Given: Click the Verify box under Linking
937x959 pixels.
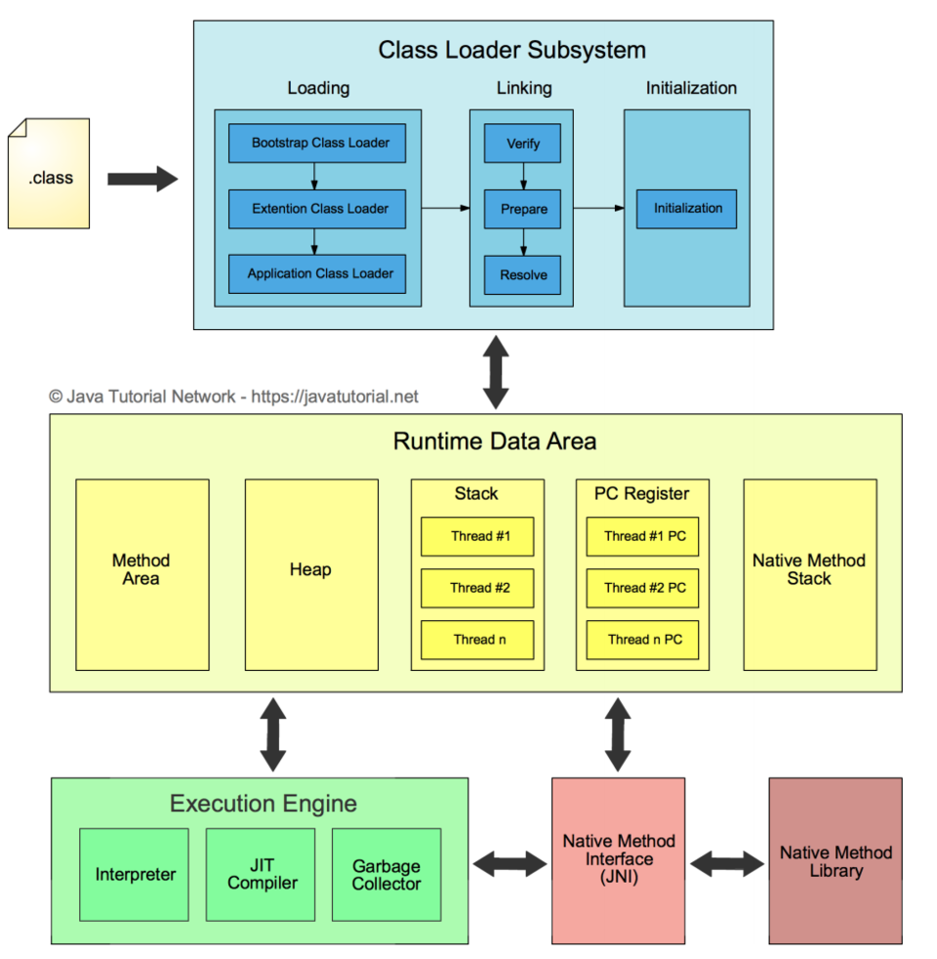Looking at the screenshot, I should click(x=523, y=145).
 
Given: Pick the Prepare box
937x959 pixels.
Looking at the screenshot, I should click(x=523, y=209).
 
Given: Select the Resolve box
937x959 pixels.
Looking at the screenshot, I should click(x=523, y=274).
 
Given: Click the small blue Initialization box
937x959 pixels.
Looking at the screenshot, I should click(x=687, y=209).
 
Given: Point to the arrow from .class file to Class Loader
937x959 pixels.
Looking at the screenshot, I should click(x=143, y=180).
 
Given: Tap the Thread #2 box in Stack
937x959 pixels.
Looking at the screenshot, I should click(x=477, y=588).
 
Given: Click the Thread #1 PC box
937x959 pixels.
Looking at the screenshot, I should click(x=643, y=536).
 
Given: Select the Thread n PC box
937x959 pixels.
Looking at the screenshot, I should click(x=643, y=640).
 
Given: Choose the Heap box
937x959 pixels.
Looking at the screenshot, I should click(x=310, y=570).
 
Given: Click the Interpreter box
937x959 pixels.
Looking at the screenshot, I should click(x=134, y=875).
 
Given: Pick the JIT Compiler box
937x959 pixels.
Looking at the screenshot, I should click(x=261, y=875).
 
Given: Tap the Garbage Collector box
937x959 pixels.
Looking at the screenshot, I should click(x=387, y=875).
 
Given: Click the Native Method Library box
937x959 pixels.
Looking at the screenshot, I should click(x=835, y=861).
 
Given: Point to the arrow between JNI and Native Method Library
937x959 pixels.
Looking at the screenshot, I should click(x=727, y=862).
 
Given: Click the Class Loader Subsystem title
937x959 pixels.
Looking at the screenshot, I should click(x=511, y=50).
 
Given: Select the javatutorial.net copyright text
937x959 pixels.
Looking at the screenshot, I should click(x=233, y=396).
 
